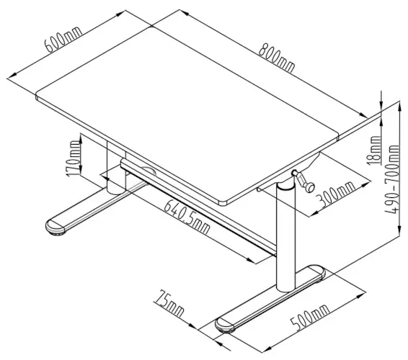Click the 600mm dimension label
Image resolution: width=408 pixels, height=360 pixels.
pos(62,36)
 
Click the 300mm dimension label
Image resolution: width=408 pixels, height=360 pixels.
pos(337,197)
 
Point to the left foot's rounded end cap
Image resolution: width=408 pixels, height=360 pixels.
pos(56,227)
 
